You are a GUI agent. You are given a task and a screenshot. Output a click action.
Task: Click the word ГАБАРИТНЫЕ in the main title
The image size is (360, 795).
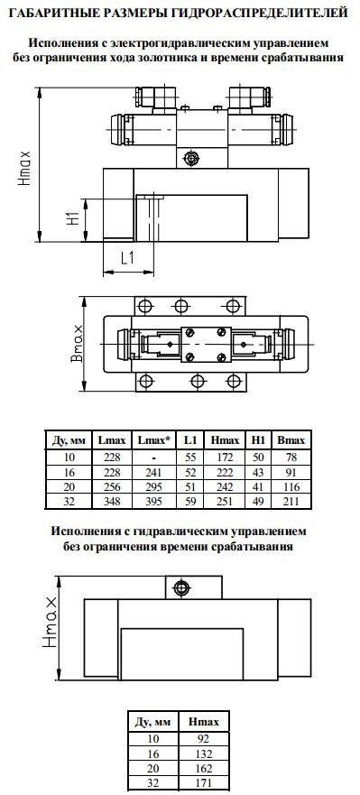(x=54, y=12)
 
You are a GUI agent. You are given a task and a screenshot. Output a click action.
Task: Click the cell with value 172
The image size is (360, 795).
(x=225, y=458)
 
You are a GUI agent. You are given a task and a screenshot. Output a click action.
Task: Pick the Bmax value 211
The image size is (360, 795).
(x=290, y=499)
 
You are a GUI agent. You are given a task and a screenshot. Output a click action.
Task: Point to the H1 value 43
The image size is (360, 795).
(x=258, y=472)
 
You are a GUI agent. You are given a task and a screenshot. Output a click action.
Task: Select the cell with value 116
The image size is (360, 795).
(x=290, y=485)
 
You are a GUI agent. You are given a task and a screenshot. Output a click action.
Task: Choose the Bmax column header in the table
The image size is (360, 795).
(x=290, y=439)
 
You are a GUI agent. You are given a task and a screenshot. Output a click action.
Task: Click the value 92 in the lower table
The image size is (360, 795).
(x=203, y=737)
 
